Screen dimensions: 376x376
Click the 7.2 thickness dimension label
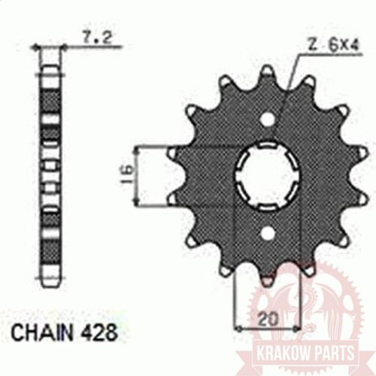[x=92, y=35]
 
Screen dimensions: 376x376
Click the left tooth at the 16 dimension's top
[x=175, y=153]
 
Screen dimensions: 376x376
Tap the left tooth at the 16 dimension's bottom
[x=175, y=200]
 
